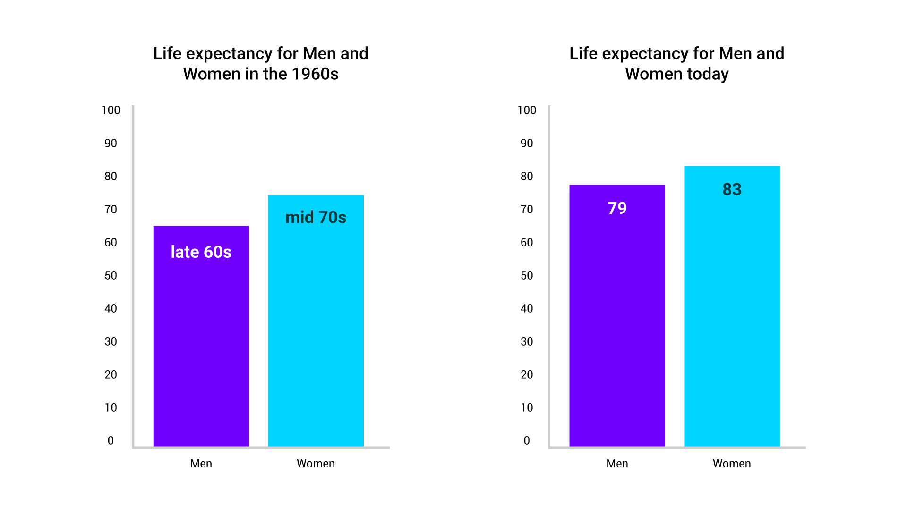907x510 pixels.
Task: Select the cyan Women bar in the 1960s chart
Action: click(316, 331)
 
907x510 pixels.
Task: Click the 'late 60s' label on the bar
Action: click(201, 252)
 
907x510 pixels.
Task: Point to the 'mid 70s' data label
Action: click(316, 217)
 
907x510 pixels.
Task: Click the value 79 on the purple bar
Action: click(617, 208)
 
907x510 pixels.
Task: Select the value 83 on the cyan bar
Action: click(732, 189)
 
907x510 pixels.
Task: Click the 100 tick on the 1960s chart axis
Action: click(111, 110)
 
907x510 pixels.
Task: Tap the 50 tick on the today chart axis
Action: click(527, 275)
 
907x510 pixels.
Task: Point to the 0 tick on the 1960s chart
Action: click(111, 441)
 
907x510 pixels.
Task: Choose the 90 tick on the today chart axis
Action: click(527, 143)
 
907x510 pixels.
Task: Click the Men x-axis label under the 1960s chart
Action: click(201, 463)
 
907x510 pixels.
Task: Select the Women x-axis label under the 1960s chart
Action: click(316, 463)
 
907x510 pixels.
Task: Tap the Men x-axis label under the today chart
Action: click(617, 463)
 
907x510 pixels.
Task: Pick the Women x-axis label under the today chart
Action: click(732, 463)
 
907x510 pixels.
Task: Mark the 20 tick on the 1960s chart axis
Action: click(111, 374)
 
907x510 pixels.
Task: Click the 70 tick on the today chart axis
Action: click(527, 209)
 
